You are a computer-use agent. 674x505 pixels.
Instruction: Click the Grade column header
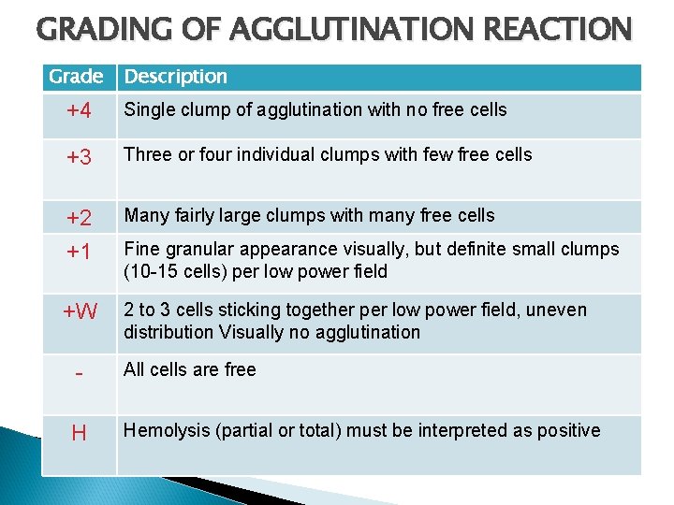click(76, 77)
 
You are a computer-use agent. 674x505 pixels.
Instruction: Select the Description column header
click(176, 77)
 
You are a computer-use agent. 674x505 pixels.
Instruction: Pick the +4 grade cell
click(79, 111)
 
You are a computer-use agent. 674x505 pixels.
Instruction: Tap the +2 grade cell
click(79, 219)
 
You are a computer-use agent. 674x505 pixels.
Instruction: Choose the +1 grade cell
click(79, 252)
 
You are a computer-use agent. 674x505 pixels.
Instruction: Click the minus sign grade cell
click(79, 373)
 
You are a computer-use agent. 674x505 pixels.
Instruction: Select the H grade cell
click(79, 433)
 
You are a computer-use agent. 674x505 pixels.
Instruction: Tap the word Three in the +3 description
click(148, 155)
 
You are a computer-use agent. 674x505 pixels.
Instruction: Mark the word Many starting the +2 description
click(146, 216)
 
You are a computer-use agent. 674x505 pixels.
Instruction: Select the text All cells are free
click(190, 369)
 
